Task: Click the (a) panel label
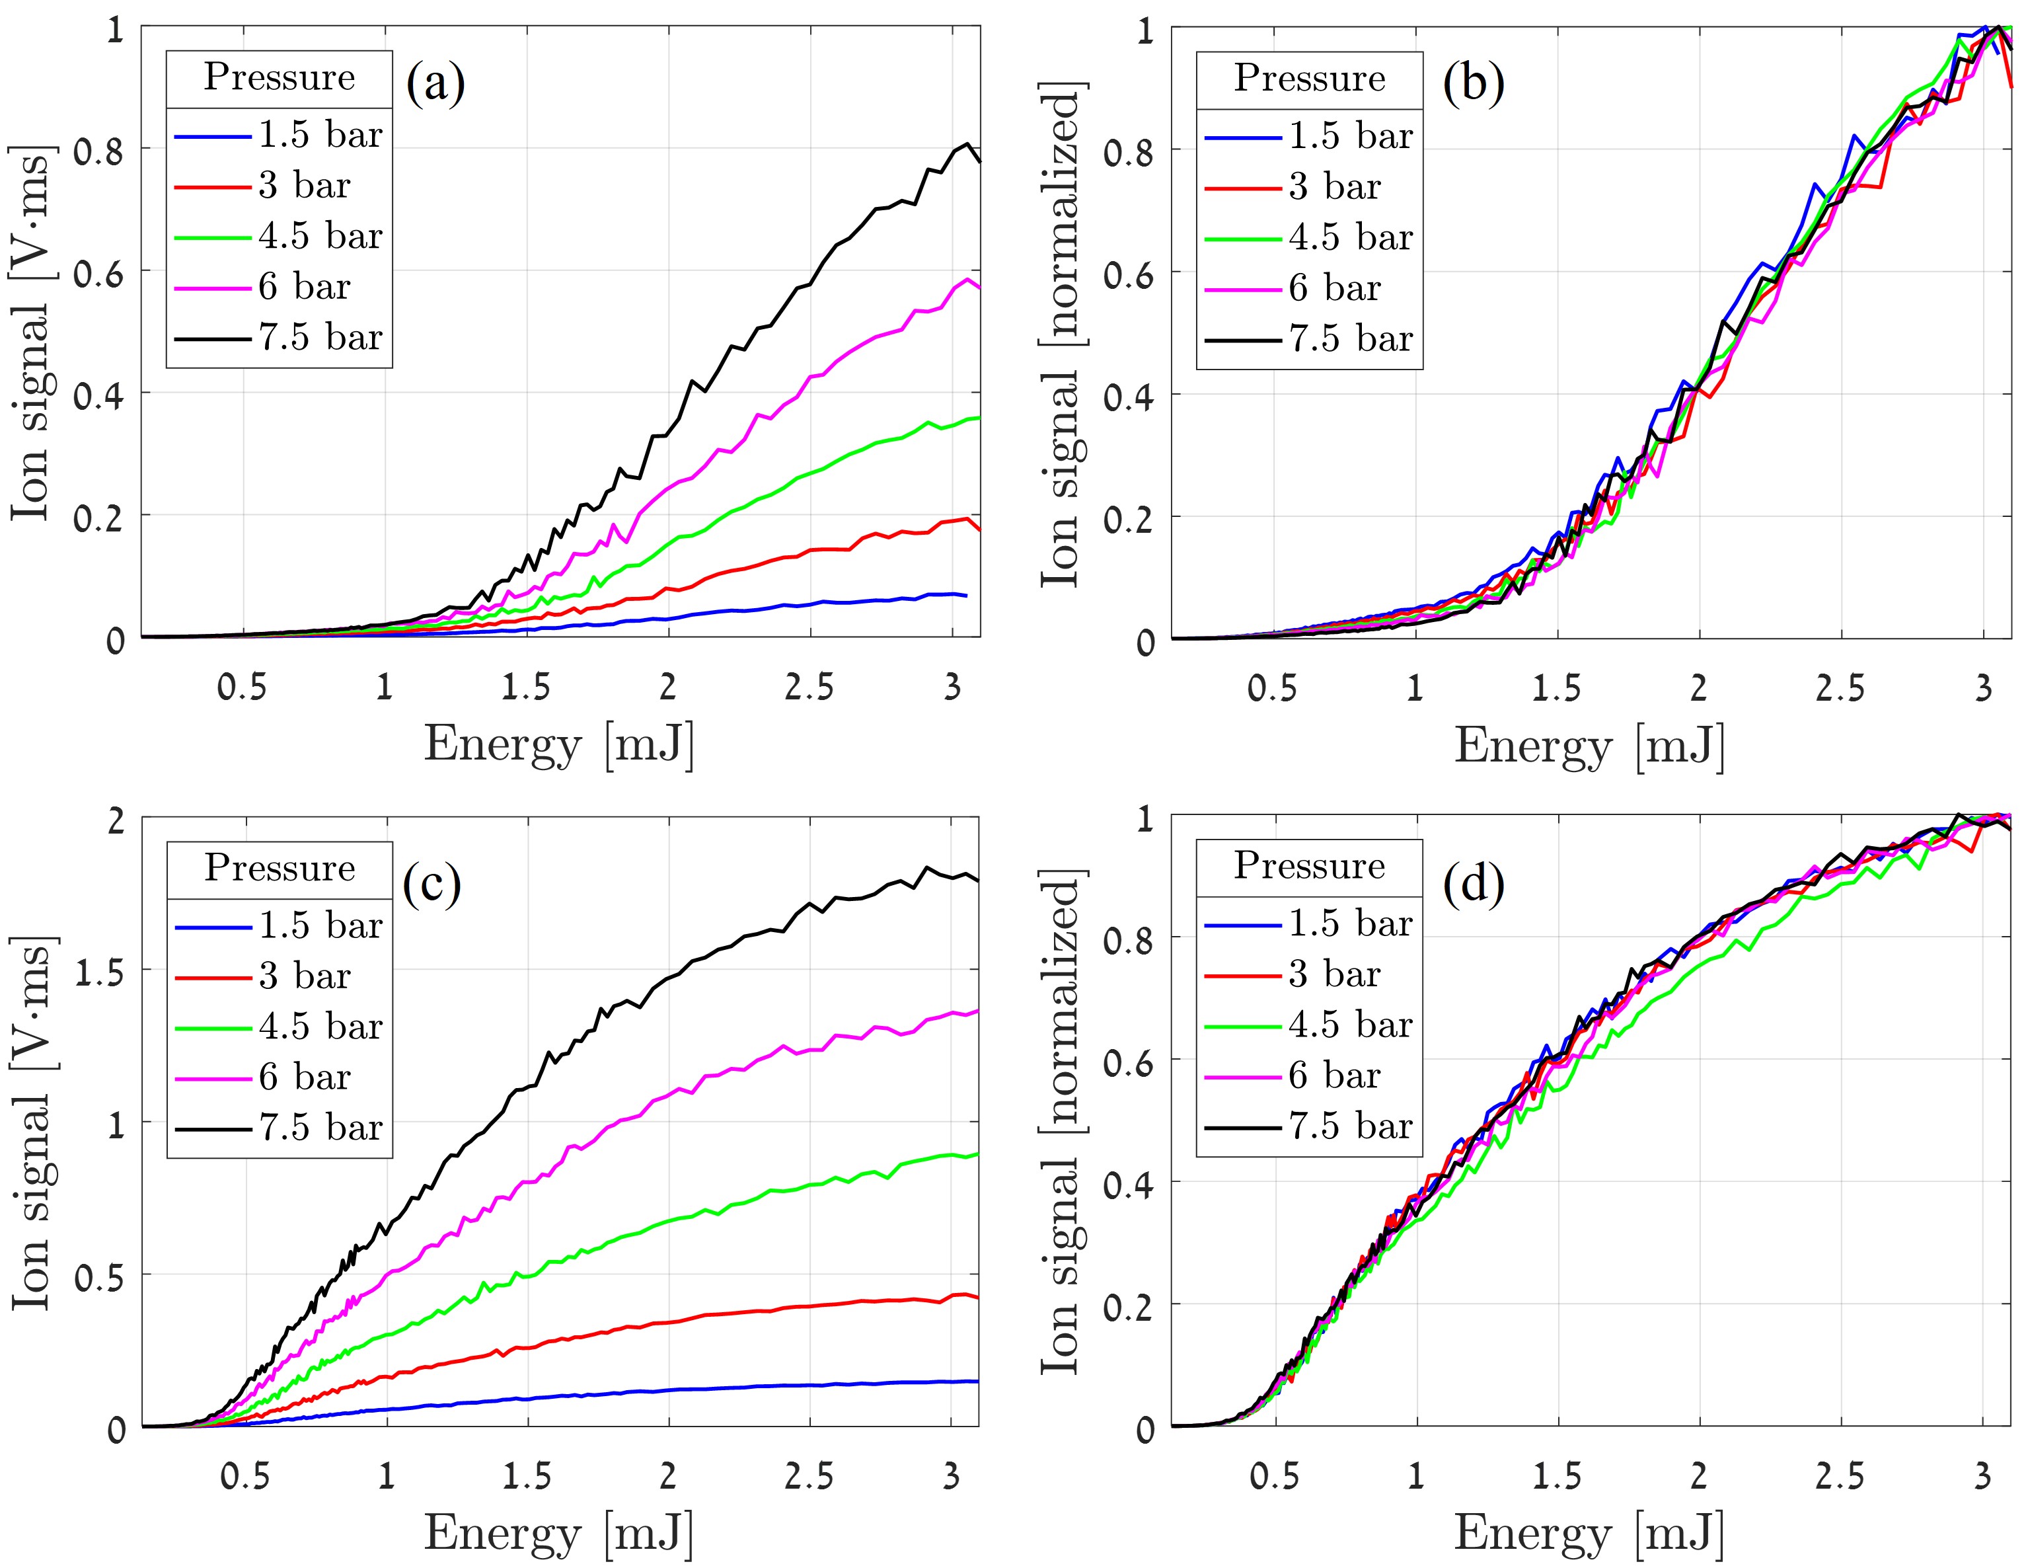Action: tap(435, 83)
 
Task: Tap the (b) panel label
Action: tap(1472, 83)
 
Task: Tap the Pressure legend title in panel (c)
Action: tap(280, 867)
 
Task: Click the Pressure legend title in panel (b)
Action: tap(1309, 79)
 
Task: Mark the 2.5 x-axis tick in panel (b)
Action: tap(1840, 688)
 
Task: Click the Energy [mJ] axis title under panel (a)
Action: tap(558, 745)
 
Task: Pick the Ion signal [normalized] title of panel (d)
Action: tap(1061, 1122)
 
